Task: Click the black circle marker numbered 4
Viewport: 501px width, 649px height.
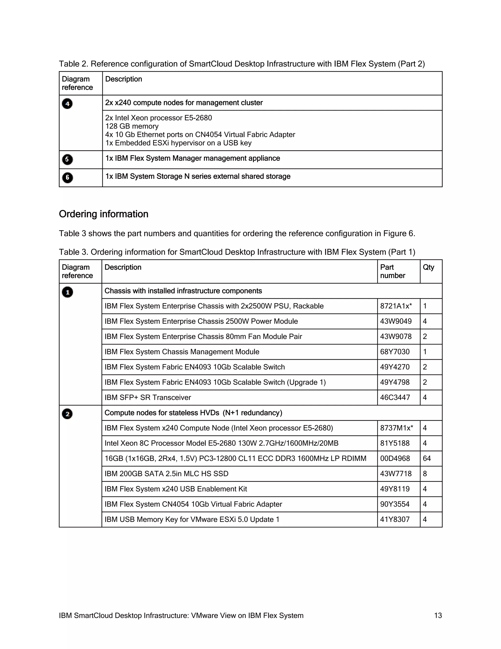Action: (67, 104)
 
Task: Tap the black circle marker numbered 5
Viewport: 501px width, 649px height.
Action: (67, 159)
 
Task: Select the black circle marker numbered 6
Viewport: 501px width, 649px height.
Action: (67, 177)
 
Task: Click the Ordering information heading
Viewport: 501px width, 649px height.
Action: (103, 214)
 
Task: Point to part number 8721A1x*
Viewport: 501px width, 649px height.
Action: (396, 306)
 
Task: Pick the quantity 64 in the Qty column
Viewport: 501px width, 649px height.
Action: (427, 458)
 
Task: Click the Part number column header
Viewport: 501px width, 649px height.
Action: (392, 271)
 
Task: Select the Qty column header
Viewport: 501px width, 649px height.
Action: (428, 267)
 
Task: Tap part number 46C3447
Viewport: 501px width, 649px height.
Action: (395, 397)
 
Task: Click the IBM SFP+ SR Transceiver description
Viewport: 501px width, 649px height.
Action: (148, 397)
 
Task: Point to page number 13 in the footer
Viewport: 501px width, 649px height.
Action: (438, 615)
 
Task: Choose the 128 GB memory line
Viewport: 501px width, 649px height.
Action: (132, 126)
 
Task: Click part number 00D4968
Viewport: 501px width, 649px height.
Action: (395, 458)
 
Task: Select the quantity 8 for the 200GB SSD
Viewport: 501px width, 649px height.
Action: (425, 474)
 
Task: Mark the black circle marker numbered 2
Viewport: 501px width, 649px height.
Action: (67, 414)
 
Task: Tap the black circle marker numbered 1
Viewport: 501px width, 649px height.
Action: (67, 292)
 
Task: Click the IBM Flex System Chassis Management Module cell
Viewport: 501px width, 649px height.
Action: (182, 352)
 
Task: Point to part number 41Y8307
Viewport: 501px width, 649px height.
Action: (395, 519)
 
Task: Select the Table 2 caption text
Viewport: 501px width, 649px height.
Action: (242, 64)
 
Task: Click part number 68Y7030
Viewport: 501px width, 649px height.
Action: (395, 352)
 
